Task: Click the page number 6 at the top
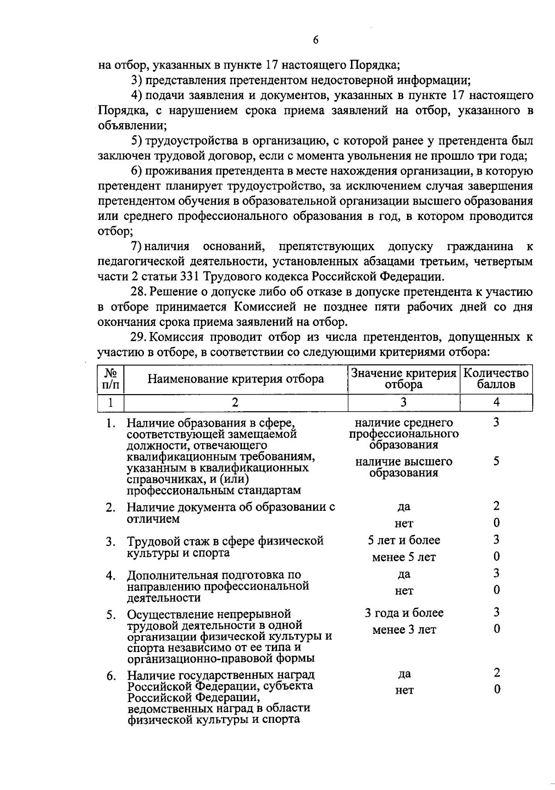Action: pyautogui.click(x=315, y=40)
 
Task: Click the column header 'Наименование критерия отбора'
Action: pyautogui.click(x=235, y=379)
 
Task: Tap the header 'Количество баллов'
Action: pyautogui.click(x=496, y=379)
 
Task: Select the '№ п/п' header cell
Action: pyautogui.click(x=111, y=379)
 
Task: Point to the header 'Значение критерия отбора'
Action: pyautogui.click(x=403, y=379)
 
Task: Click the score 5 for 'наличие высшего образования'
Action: pyautogui.click(x=496, y=461)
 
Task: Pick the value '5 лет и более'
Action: pyautogui.click(x=404, y=540)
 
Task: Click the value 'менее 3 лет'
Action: pyautogui.click(x=404, y=630)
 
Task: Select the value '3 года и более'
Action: pyautogui.click(x=404, y=613)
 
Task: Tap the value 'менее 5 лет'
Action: pyautogui.click(x=404, y=558)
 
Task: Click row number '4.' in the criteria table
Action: pyautogui.click(x=110, y=576)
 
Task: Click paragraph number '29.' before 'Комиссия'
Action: pyautogui.click(x=139, y=337)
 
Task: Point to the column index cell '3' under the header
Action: pyautogui.click(x=403, y=402)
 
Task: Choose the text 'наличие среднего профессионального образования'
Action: pyautogui.click(x=404, y=434)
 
